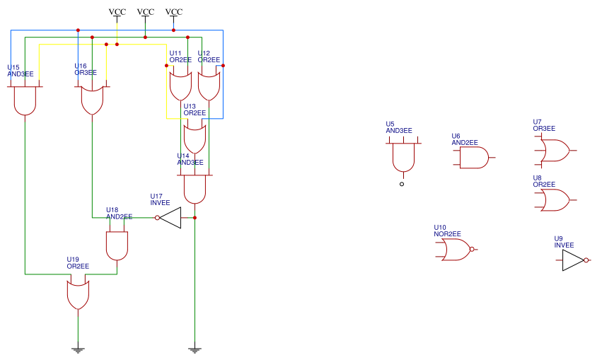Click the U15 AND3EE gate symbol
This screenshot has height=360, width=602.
[25, 100]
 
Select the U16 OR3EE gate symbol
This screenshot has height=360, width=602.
[92, 100]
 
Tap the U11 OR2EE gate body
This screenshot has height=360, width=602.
[180, 86]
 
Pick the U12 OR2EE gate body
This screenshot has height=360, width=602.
[208, 86]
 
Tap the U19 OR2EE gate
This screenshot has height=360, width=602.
[78, 294]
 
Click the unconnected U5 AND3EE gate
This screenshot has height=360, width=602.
[403, 158]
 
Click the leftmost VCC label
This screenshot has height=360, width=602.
[117, 12]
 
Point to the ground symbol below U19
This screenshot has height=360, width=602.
[78, 349]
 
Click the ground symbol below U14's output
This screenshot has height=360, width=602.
[195, 349]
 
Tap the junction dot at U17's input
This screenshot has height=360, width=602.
[195, 218]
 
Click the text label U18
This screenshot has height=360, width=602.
[112, 210]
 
